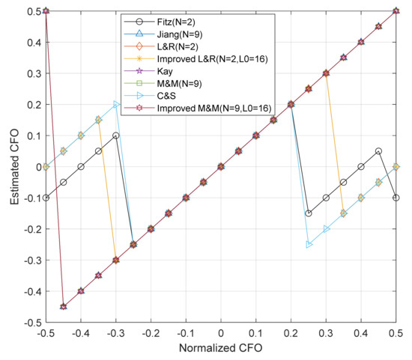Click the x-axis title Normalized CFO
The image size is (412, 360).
click(221, 350)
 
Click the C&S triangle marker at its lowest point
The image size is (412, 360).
click(309, 245)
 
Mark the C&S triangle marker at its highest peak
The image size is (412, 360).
click(116, 104)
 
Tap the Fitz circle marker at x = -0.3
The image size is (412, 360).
click(116, 135)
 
